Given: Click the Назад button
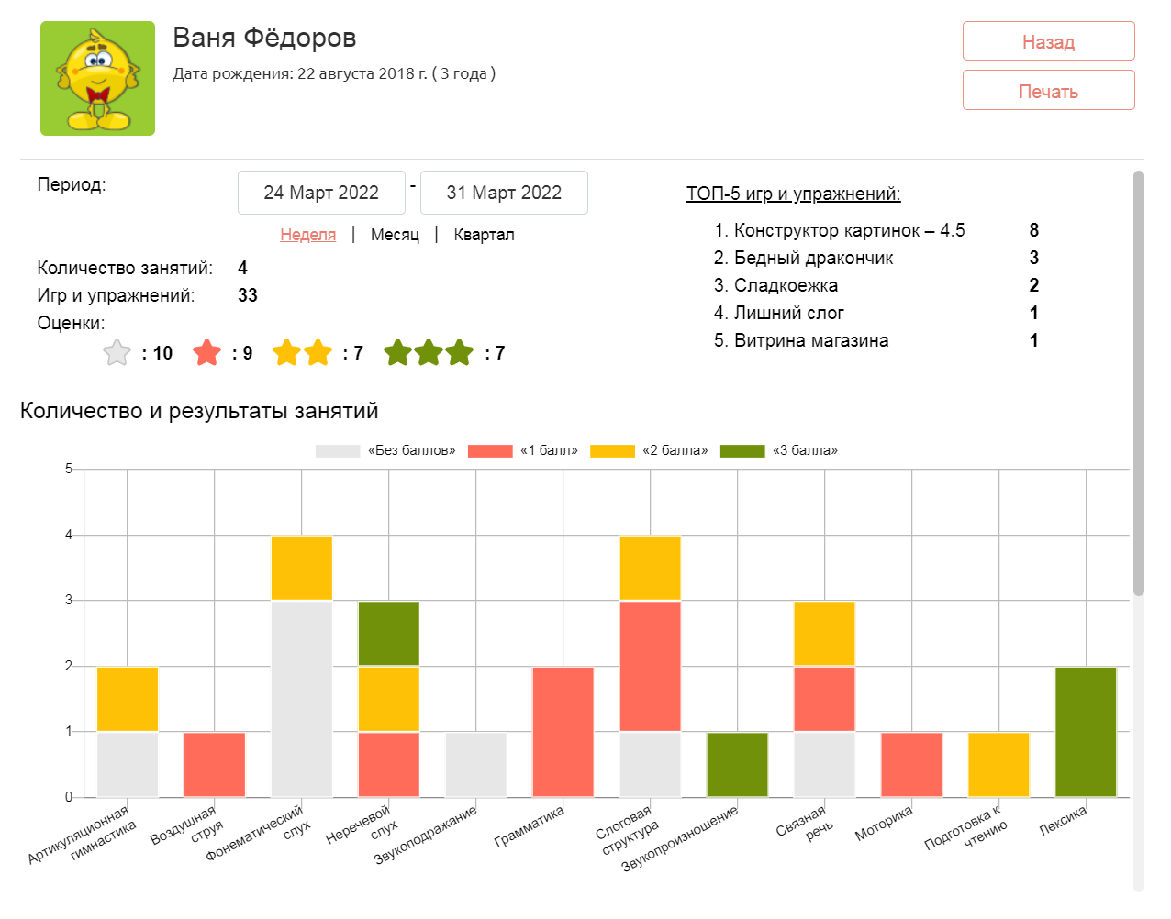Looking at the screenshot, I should [1048, 41].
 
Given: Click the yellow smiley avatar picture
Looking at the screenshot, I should [97, 79].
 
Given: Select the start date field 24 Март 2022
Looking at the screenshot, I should [321, 193].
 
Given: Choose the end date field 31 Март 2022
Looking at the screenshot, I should [504, 193].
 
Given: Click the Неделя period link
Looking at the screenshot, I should [307, 235].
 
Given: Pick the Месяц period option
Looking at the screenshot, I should [395, 235].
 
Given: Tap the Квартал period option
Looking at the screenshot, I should [484, 235].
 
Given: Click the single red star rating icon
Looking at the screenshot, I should [207, 352].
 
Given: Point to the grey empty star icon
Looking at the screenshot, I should [117, 352].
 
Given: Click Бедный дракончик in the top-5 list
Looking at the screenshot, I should [813, 258].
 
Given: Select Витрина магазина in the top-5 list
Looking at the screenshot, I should [810, 340].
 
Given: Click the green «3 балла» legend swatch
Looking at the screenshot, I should [742, 450].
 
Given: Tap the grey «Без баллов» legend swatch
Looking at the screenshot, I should [337, 450].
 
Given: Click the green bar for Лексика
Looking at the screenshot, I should [1086, 732].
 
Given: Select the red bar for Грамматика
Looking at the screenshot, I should [563, 732].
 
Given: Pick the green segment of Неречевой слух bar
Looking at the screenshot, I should [388, 634].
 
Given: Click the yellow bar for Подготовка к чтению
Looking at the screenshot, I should [998, 764].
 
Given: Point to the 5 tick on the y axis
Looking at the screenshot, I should [69, 469].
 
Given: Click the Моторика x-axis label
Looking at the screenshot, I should [884, 824].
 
